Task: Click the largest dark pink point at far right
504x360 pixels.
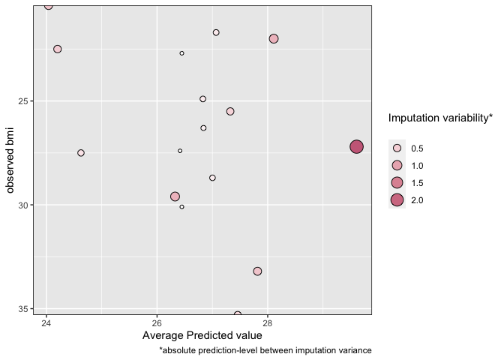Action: tap(356, 147)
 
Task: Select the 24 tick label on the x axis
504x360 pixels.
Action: tap(46, 323)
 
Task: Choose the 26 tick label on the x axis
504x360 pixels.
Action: tap(157, 323)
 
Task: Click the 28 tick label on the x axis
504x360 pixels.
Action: tap(268, 323)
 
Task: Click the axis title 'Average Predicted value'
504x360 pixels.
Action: tap(202, 335)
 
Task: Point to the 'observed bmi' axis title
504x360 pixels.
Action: tap(10, 159)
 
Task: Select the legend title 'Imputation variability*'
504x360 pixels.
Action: tap(440, 118)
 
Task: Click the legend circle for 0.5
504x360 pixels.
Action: tap(397, 148)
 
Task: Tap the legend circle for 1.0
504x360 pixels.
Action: tap(397, 165)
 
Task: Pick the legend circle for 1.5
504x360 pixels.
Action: tap(397, 182)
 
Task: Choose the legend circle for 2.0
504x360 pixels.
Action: tap(397, 199)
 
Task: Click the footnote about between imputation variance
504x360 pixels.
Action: tap(265, 350)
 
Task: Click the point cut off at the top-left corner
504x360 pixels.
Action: tap(49, 5)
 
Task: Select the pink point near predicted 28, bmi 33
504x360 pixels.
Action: tap(257, 271)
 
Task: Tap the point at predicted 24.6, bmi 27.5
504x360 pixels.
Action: tap(81, 153)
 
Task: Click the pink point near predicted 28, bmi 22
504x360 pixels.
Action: tap(274, 39)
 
